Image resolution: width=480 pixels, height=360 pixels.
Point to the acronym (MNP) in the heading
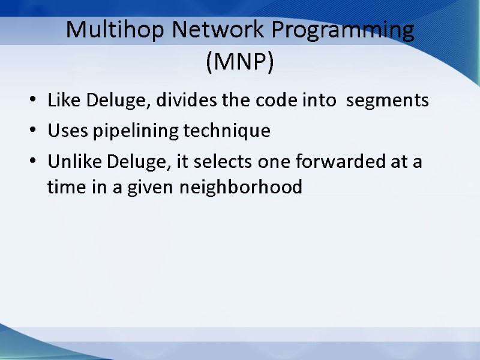(x=239, y=62)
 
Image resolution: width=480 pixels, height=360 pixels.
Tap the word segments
(x=388, y=101)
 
